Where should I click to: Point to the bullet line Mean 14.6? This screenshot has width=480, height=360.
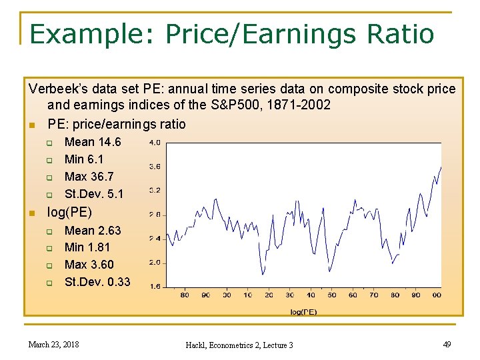(x=93, y=142)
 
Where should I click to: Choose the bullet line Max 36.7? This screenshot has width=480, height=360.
(x=89, y=177)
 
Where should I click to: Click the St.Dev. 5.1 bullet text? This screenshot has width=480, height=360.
(x=93, y=194)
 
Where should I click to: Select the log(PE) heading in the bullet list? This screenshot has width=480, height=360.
(x=69, y=213)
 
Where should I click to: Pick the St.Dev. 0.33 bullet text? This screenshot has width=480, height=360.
(x=97, y=282)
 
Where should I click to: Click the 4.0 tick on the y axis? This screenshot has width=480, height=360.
(x=154, y=143)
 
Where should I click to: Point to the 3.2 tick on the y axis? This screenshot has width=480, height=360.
(x=154, y=191)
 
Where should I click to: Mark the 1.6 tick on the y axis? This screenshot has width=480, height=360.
(x=154, y=287)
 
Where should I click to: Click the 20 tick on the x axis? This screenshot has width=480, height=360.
(x=269, y=295)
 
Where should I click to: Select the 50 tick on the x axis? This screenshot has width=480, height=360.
(x=332, y=295)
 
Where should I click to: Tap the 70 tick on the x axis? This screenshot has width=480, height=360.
(x=374, y=295)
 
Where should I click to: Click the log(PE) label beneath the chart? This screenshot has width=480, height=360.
(x=304, y=311)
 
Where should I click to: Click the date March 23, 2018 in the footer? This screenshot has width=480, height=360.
(x=53, y=345)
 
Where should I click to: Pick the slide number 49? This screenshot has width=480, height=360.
(x=446, y=344)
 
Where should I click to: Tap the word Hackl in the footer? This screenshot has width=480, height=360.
(x=198, y=345)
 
